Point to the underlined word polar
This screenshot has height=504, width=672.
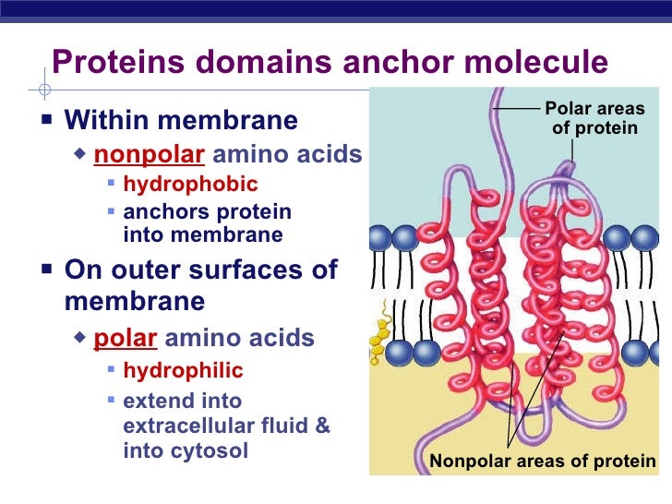[126, 338]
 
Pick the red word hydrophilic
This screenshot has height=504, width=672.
[183, 371]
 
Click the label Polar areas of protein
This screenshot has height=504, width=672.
[594, 119]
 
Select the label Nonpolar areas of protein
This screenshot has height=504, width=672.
[542, 462]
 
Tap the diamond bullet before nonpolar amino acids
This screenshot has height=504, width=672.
[81, 153]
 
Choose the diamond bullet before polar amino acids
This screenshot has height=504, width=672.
[81, 338]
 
